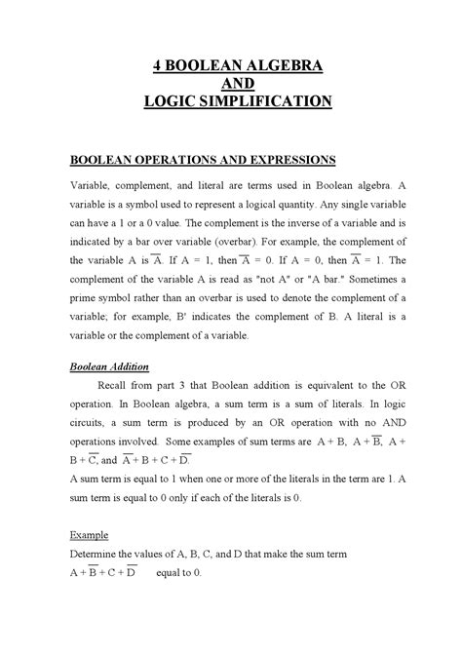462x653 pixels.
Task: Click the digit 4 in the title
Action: click(156, 65)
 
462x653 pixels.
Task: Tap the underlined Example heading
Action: click(90, 535)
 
